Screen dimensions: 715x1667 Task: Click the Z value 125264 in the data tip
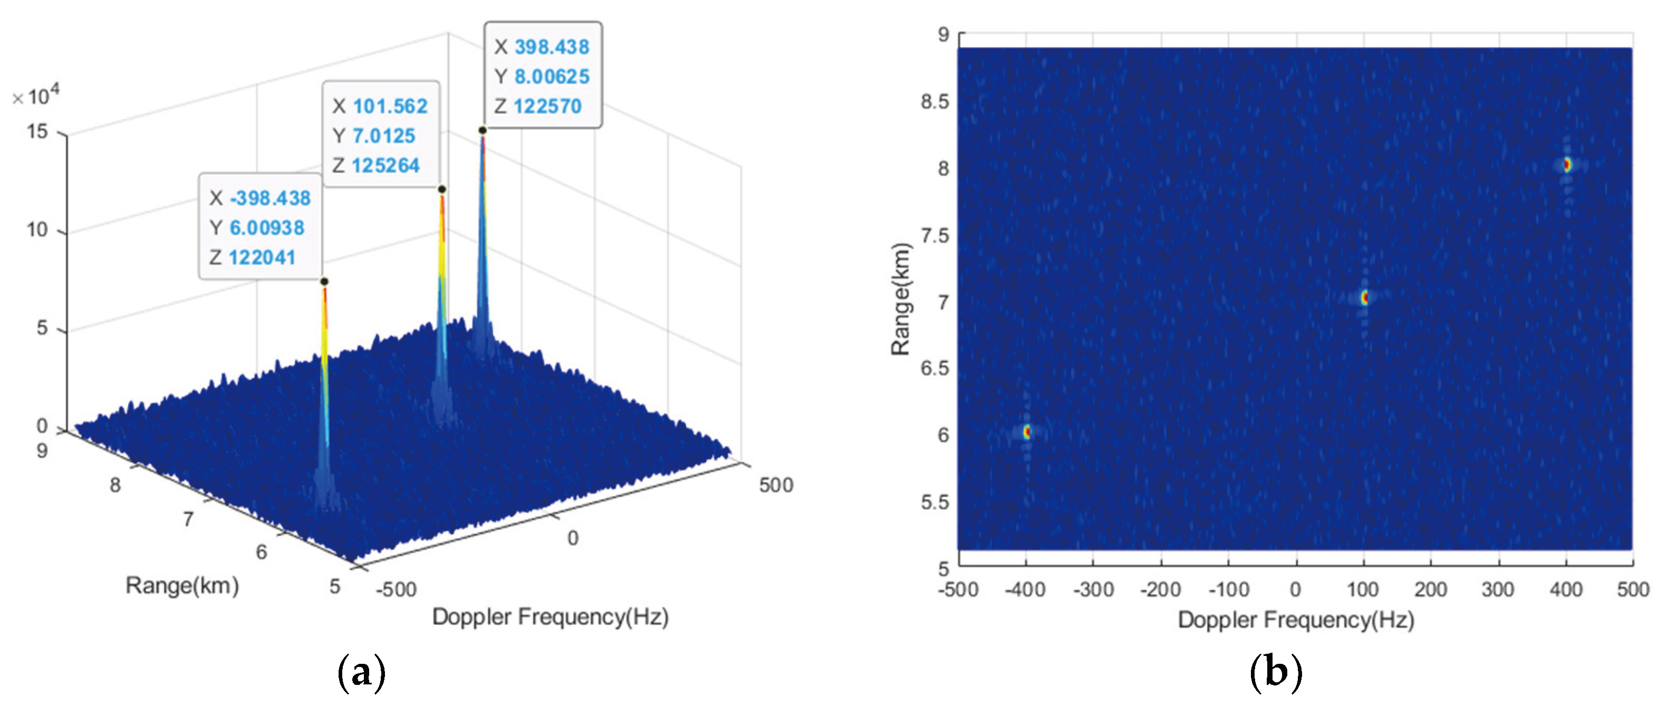[x=386, y=166]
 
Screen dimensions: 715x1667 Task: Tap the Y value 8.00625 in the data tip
[x=551, y=77]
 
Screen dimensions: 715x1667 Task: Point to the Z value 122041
[x=262, y=258]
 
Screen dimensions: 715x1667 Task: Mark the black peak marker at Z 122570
[x=483, y=130]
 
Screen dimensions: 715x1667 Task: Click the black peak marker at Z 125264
[x=442, y=189]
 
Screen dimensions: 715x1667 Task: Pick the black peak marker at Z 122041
[x=324, y=281]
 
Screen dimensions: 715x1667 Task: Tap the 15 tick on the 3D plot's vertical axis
[x=37, y=132]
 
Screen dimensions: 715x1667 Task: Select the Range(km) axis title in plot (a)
[x=182, y=586]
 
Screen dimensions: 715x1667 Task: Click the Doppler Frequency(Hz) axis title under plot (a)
[x=550, y=616]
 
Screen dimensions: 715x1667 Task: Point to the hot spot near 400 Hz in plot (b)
[x=1567, y=165]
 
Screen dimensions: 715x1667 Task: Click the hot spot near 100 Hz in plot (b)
[x=1365, y=297]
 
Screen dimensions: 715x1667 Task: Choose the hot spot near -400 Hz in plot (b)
[x=1027, y=431]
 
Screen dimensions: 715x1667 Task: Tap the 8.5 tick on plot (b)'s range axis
[x=934, y=102]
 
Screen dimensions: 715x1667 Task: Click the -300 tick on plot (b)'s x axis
[x=1093, y=589]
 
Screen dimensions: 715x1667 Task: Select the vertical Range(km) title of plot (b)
[x=900, y=299]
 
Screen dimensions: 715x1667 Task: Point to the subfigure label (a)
[x=361, y=673]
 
